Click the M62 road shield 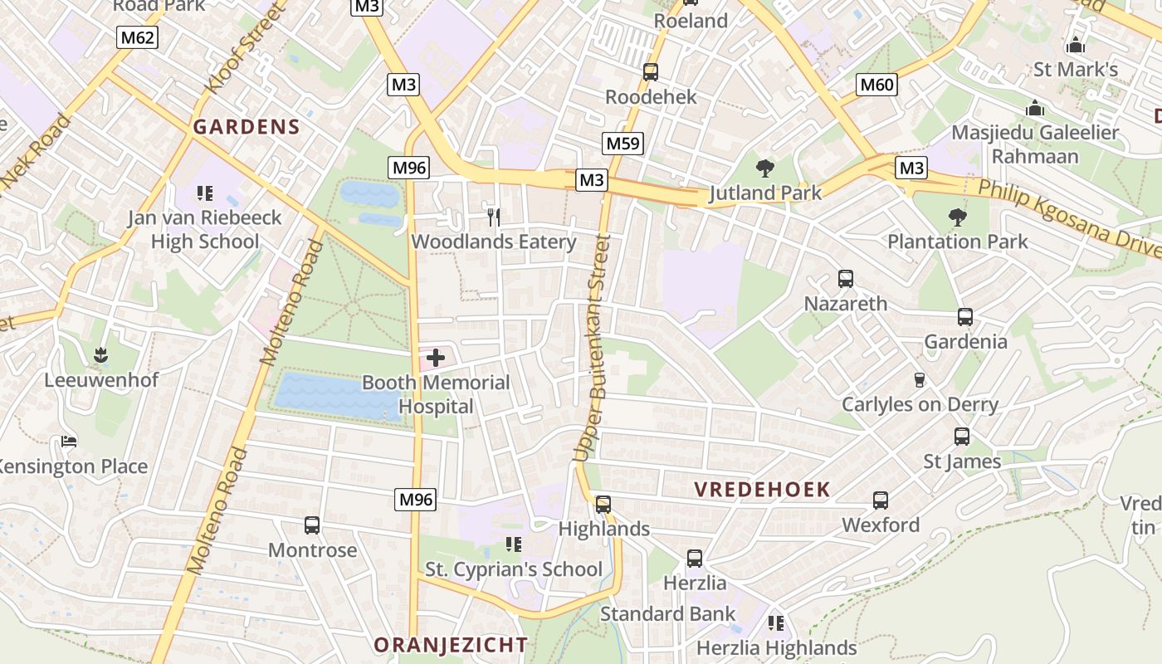coord(137,37)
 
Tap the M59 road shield coord(623,144)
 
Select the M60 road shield coord(877,84)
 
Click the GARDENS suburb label coord(246,127)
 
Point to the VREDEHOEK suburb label coord(762,490)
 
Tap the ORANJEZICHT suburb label coord(450,645)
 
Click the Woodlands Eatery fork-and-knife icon coord(494,217)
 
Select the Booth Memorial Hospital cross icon coord(435,359)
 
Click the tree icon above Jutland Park coord(765,168)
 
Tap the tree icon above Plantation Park coord(958,217)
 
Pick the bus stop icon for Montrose coord(312,525)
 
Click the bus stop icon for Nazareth coord(846,279)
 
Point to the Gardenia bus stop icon coord(965,317)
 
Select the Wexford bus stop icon coord(881,500)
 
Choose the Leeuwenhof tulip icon coord(100,355)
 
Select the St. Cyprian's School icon coord(514,544)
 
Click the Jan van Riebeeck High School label coord(204,230)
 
